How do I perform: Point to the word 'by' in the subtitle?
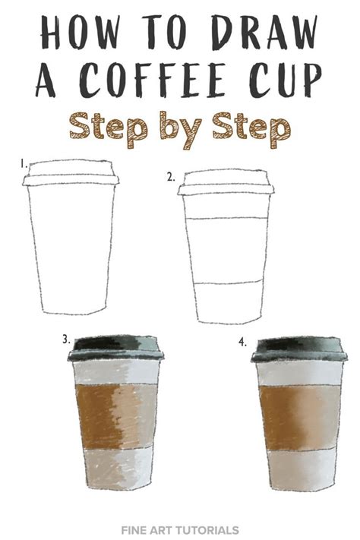tap(181, 128)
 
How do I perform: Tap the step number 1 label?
tap(24, 163)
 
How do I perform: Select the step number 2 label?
tap(171, 176)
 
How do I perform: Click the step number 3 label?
tap(67, 339)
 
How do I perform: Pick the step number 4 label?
tap(242, 342)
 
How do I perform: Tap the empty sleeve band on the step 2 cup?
tap(226, 251)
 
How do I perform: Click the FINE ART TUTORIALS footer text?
tap(179, 529)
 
